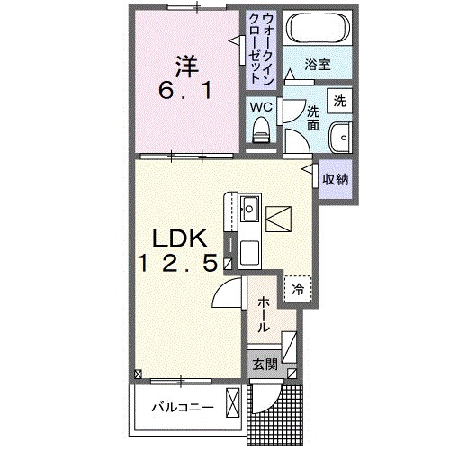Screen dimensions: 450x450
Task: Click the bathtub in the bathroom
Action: click(318, 28)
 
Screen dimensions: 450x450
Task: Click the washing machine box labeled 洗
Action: click(339, 101)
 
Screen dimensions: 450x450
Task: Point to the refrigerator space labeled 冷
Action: click(298, 289)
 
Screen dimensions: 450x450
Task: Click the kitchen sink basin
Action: click(249, 208)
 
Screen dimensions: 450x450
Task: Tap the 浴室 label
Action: click(318, 65)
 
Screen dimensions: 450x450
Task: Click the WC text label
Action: click(261, 107)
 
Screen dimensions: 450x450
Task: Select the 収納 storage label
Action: click(336, 179)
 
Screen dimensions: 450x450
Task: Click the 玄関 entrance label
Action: click(265, 364)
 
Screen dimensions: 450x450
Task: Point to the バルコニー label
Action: click(183, 407)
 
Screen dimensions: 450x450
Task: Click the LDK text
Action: click(180, 238)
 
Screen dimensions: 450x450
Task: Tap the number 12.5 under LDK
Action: click(177, 262)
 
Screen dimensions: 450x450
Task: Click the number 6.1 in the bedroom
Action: click(186, 91)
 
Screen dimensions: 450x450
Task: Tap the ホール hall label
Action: click(263, 314)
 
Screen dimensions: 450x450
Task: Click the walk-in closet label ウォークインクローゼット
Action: click(261, 49)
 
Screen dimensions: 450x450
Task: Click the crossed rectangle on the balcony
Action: click(233, 402)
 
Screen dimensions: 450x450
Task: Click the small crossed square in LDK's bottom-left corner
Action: click(138, 373)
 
